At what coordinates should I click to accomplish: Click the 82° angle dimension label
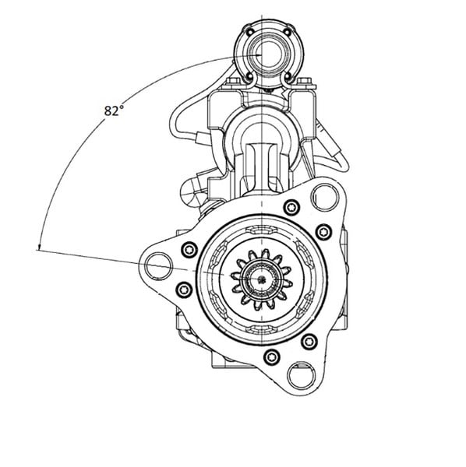tap(114, 111)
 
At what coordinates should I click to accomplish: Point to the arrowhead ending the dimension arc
tap(39, 246)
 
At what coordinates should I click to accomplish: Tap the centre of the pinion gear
tap(262, 279)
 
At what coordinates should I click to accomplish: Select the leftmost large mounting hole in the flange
tap(158, 266)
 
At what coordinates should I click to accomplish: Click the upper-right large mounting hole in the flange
tap(325, 198)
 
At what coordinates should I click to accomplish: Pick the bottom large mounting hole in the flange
tap(302, 376)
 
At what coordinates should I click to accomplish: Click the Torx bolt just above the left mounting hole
tap(189, 250)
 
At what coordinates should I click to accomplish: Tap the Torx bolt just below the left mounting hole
tap(184, 290)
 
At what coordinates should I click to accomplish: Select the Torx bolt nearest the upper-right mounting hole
tap(291, 207)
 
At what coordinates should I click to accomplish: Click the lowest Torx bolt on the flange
tap(272, 356)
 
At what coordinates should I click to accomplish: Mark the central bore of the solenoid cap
tap(268, 54)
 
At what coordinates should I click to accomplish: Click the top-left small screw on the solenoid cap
tap(250, 31)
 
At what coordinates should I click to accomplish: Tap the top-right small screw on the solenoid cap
tap(287, 31)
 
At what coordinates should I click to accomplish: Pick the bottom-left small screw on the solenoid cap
tap(249, 77)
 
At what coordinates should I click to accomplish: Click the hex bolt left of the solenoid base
tap(234, 82)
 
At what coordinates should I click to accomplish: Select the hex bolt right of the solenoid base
tap(305, 82)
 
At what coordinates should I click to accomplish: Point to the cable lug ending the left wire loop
tap(203, 138)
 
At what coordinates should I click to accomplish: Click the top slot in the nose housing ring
tap(262, 230)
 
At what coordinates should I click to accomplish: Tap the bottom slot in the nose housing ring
tap(262, 328)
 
